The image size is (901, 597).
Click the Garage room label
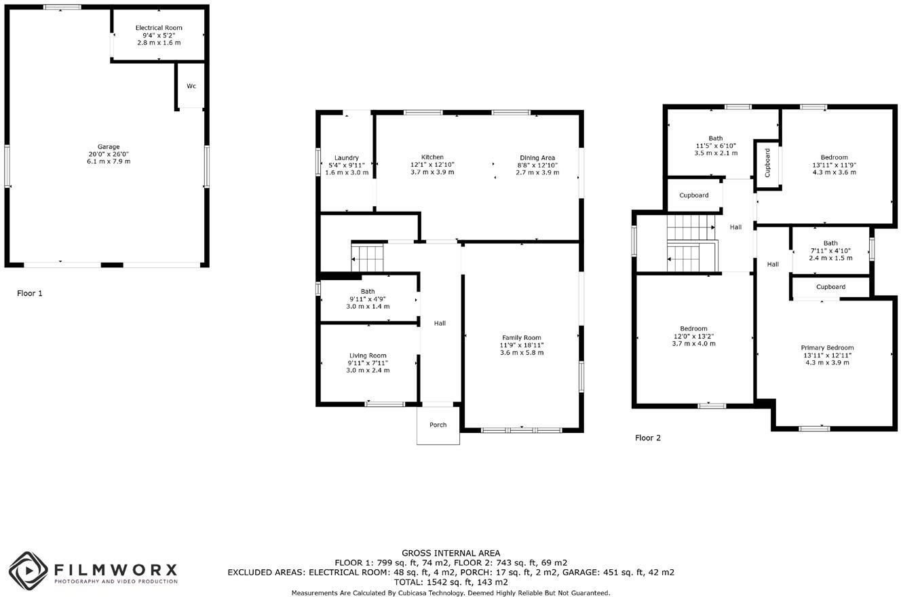[109, 147]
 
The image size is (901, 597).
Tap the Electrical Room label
[159, 28]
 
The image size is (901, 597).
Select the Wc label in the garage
[191, 86]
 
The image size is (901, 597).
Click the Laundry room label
[347, 158]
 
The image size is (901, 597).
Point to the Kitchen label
[432, 157]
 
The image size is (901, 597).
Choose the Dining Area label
[537, 158]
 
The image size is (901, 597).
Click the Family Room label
[522, 338]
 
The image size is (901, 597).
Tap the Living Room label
[368, 355]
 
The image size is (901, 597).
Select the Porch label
[438, 425]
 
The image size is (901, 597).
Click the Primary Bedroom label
[827, 348]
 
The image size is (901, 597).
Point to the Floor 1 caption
[30, 294]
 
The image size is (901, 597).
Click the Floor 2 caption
[648, 438]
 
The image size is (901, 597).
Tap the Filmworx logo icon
[28, 571]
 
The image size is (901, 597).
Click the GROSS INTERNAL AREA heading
[450, 554]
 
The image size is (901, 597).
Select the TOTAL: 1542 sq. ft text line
[450, 582]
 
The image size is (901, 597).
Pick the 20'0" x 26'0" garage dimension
[109, 154]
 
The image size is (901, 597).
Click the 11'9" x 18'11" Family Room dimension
[522, 345]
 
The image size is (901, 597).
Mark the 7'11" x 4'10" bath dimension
[830, 251]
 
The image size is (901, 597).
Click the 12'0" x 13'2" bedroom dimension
[693, 336]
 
